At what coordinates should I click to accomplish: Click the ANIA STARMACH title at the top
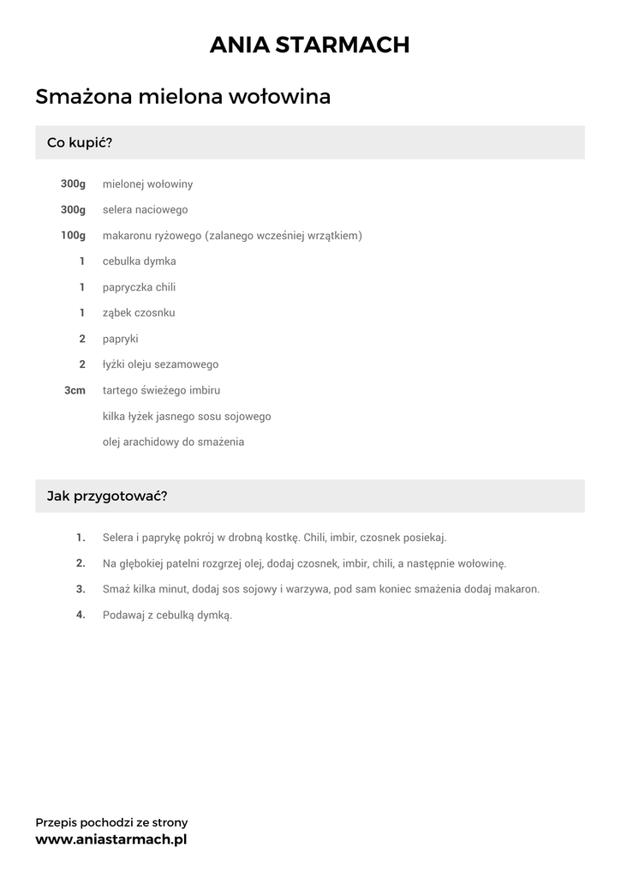click(x=309, y=45)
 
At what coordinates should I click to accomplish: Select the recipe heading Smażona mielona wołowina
click(x=182, y=97)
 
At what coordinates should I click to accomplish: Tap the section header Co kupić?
click(x=80, y=142)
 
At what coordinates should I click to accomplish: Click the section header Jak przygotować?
click(x=106, y=496)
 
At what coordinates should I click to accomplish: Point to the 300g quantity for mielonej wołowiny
click(x=73, y=183)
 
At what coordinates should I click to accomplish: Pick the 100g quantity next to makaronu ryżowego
click(x=73, y=235)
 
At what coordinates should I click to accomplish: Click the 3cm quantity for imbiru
click(x=75, y=390)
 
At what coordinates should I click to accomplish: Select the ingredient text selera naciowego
click(x=145, y=209)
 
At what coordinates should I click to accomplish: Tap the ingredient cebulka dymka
click(x=139, y=261)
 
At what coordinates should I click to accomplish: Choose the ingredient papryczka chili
click(x=139, y=287)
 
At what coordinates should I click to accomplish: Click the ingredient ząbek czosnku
click(x=139, y=313)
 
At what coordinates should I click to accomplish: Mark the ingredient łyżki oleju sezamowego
click(x=160, y=364)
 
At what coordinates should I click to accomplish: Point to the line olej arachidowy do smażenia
click(x=173, y=442)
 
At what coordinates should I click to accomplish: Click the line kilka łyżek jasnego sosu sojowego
click(x=187, y=416)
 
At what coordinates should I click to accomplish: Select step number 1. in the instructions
click(x=81, y=538)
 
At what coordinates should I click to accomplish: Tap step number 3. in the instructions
click(x=81, y=589)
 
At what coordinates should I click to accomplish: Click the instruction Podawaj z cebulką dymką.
click(x=167, y=615)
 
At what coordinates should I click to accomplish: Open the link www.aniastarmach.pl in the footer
click(x=110, y=839)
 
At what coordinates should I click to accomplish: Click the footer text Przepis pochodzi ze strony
click(x=111, y=822)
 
